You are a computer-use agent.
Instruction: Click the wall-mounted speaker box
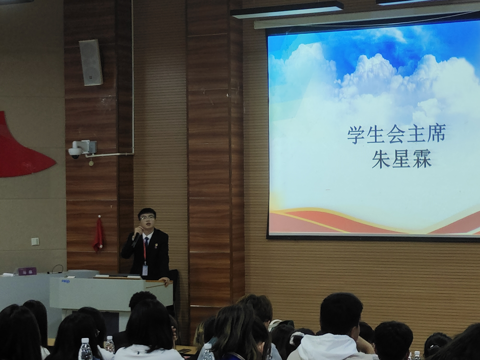coord(91,62)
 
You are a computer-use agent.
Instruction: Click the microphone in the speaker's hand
coord(136,240)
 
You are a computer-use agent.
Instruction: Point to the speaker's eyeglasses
coord(147,217)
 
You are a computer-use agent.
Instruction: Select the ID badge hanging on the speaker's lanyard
coord(145,270)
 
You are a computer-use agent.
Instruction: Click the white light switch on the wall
coord(35,241)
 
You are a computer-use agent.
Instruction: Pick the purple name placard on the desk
coord(27,271)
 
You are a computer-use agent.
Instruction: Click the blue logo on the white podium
coord(65,281)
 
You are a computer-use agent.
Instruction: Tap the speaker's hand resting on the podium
coord(165,281)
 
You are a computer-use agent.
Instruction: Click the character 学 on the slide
coord(356,134)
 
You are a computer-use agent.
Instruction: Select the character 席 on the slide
coord(436,133)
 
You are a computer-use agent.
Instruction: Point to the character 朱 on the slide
coord(381,159)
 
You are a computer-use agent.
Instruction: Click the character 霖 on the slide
coord(422,159)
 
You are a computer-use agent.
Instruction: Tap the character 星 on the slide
coord(401,159)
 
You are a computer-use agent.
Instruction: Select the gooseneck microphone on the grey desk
coord(58,267)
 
